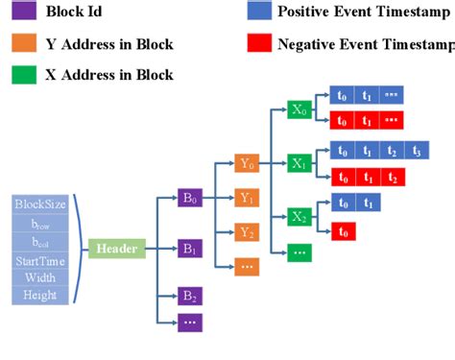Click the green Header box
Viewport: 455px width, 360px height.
point(116,250)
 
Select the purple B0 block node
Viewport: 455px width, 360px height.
point(189,200)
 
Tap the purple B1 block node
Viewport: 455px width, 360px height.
point(189,250)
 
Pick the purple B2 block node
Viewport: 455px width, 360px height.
point(189,296)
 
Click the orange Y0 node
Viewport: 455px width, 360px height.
point(246,164)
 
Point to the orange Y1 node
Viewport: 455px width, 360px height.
point(246,198)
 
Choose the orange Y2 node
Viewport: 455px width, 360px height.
point(246,231)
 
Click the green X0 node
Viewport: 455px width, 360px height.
point(300,109)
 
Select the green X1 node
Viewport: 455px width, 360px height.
point(300,164)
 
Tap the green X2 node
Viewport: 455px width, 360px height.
point(300,217)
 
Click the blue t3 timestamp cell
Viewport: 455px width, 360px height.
point(416,151)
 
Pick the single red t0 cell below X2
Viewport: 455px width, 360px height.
point(343,230)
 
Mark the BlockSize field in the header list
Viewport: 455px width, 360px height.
point(39,204)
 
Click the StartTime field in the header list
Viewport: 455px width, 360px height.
point(39,260)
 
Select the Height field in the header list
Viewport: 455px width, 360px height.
point(39,296)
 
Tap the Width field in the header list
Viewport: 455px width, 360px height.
point(39,278)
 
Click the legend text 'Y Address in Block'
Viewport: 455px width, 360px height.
point(106,44)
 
